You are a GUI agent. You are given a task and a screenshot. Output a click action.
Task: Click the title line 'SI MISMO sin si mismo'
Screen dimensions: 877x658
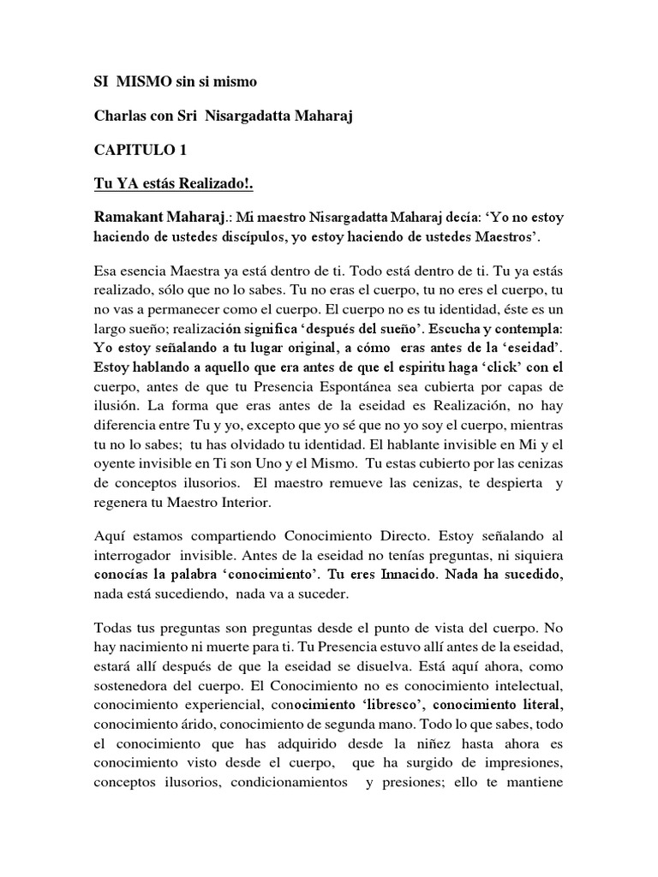click(x=174, y=82)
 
